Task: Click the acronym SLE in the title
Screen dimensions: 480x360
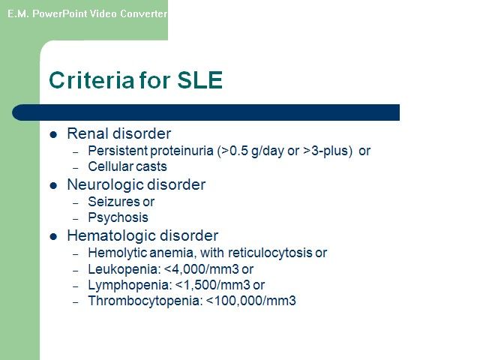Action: [x=200, y=80]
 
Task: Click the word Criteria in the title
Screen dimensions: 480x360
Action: [x=91, y=80]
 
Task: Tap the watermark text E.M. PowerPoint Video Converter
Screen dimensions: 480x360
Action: [x=87, y=13]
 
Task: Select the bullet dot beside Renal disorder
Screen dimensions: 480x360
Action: [x=53, y=134]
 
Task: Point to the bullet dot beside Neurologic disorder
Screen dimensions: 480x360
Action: [x=53, y=185]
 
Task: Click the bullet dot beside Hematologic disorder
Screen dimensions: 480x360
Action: [x=53, y=237]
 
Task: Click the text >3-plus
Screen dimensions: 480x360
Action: [x=325, y=151]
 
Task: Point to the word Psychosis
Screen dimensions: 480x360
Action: [x=118, y=217]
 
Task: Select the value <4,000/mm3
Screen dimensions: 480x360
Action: [x=202, y=269]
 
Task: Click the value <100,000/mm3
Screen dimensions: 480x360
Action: [x=251, y=301]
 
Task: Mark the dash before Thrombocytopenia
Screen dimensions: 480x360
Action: [x=76, y=302]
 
